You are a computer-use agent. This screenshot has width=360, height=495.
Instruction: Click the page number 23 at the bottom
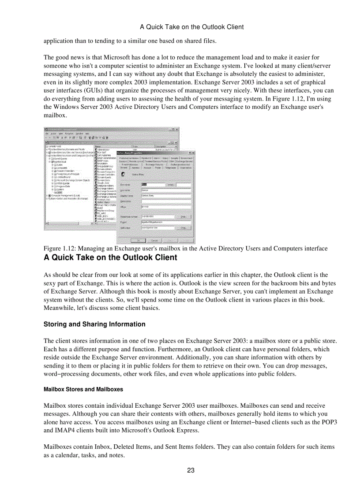click(x=191, y=470)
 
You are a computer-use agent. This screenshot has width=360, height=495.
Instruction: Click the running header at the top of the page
click(x=191, y=27)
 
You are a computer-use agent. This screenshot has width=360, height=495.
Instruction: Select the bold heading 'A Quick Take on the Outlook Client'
click(x=110, y=258)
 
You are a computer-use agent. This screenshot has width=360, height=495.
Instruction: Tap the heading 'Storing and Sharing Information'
click(x=94, y=324)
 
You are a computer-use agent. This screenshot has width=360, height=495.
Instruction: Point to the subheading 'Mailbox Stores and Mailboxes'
click(x=83, y=390)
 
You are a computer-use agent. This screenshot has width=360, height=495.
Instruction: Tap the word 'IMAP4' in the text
click(x=54, y=431)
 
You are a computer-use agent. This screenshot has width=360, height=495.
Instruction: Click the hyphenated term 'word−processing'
click(x=65, y=374)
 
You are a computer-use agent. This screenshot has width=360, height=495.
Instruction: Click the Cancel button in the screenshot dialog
click(x=155, y=240)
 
